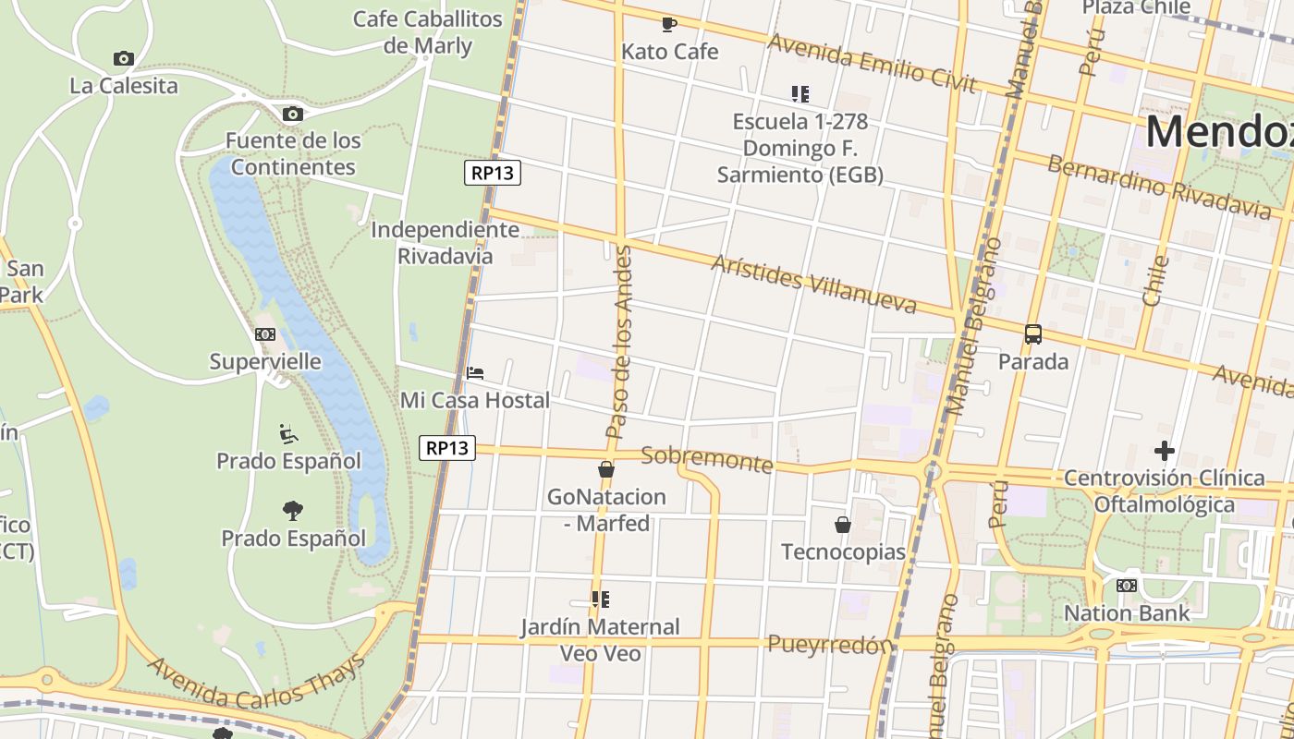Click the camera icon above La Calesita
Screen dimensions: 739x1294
click(124, 59)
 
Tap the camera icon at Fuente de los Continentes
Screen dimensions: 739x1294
click(293, 114)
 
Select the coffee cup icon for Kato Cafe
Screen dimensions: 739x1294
click(669, 24)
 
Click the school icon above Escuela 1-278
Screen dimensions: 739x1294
click(800, 93)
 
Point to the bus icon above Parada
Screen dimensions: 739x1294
click(1033, 334)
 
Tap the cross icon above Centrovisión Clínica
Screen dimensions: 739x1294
click(1165, 451)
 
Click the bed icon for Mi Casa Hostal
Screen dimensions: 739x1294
click(475, 373)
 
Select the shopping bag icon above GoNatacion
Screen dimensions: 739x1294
click(606, 469)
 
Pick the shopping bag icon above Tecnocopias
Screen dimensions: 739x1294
click(843, 525)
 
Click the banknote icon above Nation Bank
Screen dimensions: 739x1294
click(1127, 586)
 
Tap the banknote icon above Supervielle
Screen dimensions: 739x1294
click(265, 334)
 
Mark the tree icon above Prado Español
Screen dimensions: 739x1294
click(293, 510)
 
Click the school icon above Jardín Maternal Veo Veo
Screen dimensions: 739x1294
click(601, 600)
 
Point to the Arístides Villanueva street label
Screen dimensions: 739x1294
click(813, 284)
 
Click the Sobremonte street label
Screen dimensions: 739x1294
click(706, 458)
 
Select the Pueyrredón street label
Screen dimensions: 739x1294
click(830, 644)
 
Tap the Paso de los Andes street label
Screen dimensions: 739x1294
click(618, 342)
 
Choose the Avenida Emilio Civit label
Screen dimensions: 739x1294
click(872, 64)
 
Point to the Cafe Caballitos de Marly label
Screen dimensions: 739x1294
click(428, 32)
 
